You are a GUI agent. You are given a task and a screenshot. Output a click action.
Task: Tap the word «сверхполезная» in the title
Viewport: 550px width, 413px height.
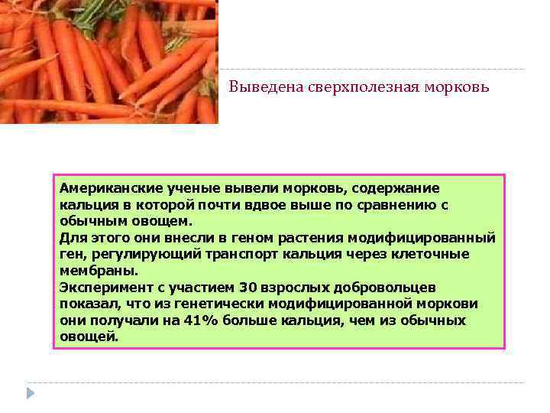pos(348,88)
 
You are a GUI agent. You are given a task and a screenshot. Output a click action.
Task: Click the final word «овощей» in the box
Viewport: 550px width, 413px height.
pos(88,337)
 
